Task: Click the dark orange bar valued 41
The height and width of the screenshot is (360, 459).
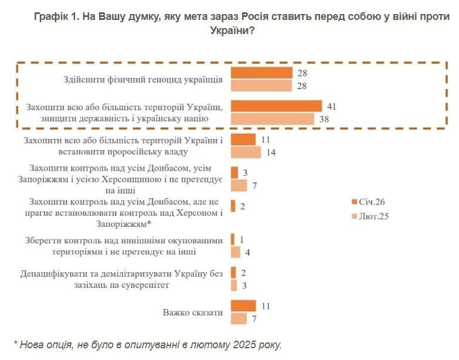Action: (x=276, y=106)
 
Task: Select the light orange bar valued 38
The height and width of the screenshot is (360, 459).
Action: (x=273, y=118)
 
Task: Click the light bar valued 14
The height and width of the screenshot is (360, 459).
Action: (x=246, y=152)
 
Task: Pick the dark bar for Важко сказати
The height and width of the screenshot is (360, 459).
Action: (x=243, y=306)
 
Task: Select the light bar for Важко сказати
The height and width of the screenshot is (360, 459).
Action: (x=239, y=318)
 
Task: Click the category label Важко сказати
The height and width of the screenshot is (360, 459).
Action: (x=193, y=313)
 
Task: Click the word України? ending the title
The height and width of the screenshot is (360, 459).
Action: (x=232, y=30)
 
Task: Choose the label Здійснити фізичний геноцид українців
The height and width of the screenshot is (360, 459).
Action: (x=143, y=79)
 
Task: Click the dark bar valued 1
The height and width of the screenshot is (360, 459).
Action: (x=233, y=240)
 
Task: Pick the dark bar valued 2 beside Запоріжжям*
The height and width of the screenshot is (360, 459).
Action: (x=233, y=206)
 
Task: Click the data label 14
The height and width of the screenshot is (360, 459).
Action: (x=271, y=152)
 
